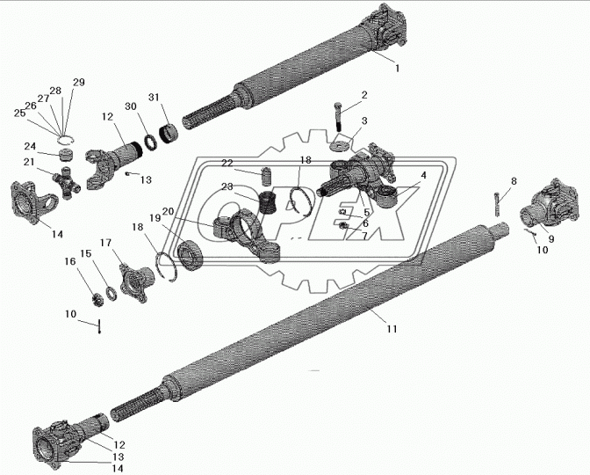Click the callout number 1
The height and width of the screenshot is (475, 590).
397,69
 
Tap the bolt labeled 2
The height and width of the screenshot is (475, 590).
338,116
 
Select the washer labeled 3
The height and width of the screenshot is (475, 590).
340,145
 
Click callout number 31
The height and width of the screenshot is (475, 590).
153,98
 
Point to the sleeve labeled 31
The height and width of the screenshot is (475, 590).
169,134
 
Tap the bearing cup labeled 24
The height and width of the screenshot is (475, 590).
66,155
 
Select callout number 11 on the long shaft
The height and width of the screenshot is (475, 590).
392,329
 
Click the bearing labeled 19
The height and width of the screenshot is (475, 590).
190,255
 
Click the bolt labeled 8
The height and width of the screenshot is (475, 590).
498,204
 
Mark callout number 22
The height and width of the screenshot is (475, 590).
227,163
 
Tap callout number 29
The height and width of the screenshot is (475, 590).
79,82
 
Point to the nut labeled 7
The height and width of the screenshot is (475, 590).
342,226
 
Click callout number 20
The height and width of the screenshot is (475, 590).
169,211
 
